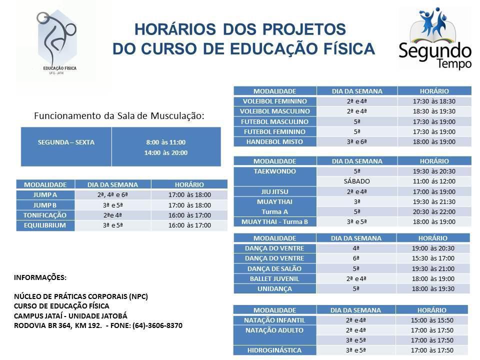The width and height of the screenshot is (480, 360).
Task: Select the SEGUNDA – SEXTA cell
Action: tap(66, 142)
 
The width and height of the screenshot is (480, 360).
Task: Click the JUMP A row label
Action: tap(45, 195)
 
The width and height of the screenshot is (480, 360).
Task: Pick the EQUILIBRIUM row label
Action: tap(45, 225)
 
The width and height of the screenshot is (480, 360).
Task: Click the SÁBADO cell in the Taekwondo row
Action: tap(357, 181)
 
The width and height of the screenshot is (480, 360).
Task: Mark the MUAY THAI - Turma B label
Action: tap(274, 221)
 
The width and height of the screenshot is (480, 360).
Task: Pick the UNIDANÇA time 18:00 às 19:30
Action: tap(433, 288)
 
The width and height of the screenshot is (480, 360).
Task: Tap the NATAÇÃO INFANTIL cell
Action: tap(274, 320)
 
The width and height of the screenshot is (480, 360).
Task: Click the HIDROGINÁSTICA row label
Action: tap(274, 350)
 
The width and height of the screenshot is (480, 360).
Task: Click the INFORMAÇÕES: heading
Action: tap(40, 277)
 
